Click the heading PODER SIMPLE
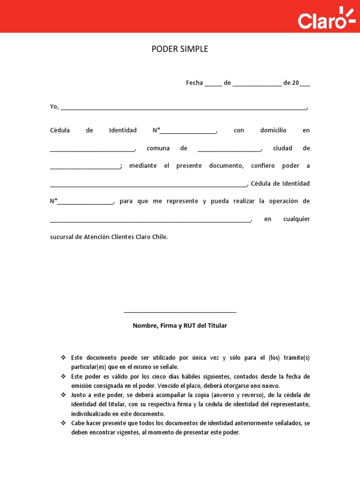coord(180,49)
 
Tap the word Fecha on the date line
coord(194,83)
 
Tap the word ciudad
coord(282,148)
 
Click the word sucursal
coord(62,237)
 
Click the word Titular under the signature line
coord(217,325)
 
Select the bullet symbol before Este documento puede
coord(63,358)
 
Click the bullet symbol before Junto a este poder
coord(63,395)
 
